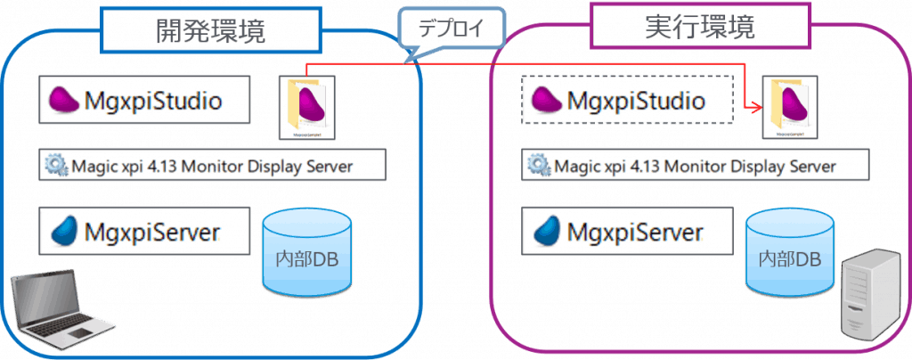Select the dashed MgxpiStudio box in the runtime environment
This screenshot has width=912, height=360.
point(626,100)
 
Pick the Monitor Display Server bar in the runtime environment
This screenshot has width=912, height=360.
point(695,165)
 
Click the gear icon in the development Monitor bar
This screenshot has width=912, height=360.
point(57,165)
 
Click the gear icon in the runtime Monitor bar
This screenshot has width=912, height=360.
point(538,165)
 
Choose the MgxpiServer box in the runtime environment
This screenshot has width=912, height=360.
point(626,232)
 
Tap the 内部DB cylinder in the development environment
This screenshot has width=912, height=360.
point(306,253)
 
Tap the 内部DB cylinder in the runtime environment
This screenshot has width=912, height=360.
point(789,253)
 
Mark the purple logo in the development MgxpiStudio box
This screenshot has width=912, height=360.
point(64,100)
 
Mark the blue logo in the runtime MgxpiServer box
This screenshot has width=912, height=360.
point(547,232)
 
